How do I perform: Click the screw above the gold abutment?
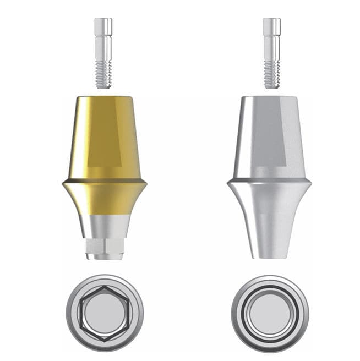pos(103,52)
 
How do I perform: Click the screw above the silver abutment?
pos(271,52)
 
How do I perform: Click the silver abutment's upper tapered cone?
pos(250,138)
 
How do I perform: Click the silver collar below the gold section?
pos(104,226)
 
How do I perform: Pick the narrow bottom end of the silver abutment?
pos(269,250)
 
